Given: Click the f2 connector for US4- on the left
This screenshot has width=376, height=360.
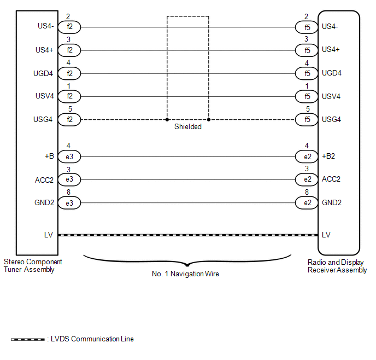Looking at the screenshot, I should [x=69, y=27].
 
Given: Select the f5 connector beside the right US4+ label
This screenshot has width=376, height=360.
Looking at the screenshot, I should [x=307, y=50].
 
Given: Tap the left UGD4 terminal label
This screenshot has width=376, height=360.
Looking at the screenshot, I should [x=44, y=73].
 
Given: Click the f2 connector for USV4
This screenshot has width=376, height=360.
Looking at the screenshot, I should [x=69, y=96].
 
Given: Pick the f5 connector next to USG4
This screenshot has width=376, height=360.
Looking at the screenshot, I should [x=307, y=119].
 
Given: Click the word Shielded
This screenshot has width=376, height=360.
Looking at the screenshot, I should [x=188, y=126].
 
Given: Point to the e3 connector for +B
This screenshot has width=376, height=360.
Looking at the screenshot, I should [x=69, y=156].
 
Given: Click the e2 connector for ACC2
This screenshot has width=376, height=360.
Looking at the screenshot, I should [x=307, y=179].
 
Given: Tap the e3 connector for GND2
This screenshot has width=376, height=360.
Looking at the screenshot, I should [x=69, y=202].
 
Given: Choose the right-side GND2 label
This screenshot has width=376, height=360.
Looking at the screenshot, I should [x=332, y=202].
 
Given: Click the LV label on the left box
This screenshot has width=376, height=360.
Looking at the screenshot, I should [x=49, y=235].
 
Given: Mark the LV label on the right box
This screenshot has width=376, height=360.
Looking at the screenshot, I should [x=326, y=235].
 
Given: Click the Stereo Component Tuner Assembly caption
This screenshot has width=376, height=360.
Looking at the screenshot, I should [x=33, y=265].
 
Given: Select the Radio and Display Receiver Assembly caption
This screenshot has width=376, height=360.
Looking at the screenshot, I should [x=337, y=266].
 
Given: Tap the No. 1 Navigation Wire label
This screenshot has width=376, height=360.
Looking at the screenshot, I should [x=185, y=274].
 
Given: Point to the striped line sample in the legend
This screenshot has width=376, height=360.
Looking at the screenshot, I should [x=28, y=339].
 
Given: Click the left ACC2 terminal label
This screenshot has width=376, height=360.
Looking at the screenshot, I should [x=44, y=179].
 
